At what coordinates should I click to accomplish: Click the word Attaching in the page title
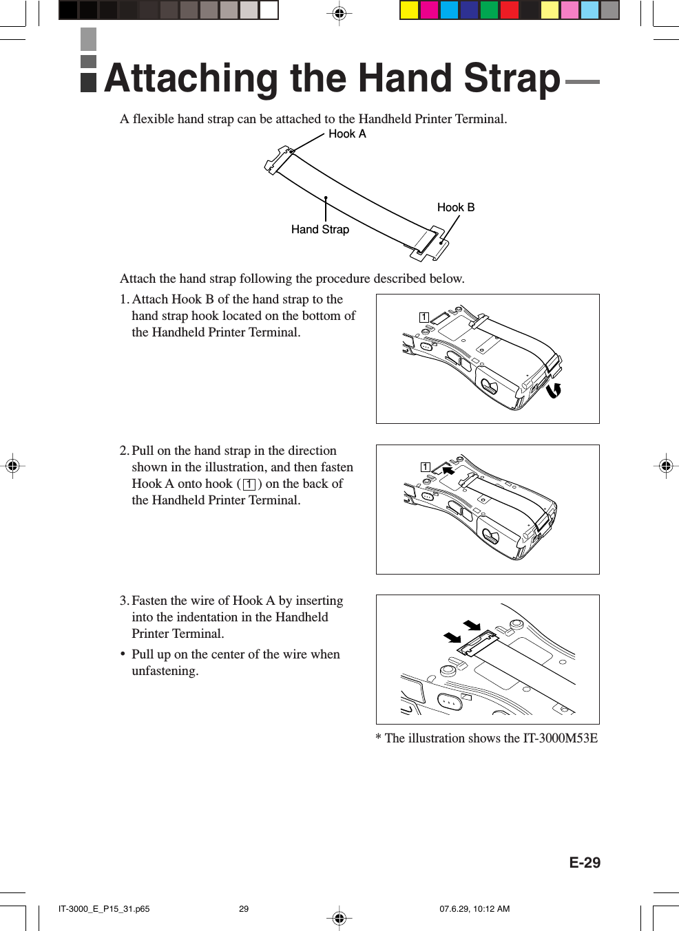[191, 79]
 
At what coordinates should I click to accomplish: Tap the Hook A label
[347, 134]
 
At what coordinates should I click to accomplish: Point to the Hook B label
[455, 208]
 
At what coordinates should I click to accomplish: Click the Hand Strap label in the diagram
[320, 230]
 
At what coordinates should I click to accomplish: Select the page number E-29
[584, 863]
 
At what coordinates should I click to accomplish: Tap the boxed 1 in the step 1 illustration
[424, 317]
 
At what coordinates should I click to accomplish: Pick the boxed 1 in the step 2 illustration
[426, 467]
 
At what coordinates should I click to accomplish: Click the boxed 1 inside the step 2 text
[249, 484]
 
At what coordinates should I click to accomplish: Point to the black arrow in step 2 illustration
[448, 471]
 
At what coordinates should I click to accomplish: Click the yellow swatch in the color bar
[409, 10]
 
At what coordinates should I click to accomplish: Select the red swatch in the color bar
[509, 10]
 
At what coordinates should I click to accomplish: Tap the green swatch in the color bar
[489, 10]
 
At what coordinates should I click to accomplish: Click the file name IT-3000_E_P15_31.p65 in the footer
[104, 909]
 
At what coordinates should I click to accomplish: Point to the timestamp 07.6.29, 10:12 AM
[474, 909]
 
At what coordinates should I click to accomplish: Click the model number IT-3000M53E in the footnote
[560, 738]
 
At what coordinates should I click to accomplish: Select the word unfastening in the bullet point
[165, 671]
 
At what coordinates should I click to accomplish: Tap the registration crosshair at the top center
[339, 13]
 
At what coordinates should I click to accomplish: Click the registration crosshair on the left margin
[12, 466]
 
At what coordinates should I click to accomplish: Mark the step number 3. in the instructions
[124, 601]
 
